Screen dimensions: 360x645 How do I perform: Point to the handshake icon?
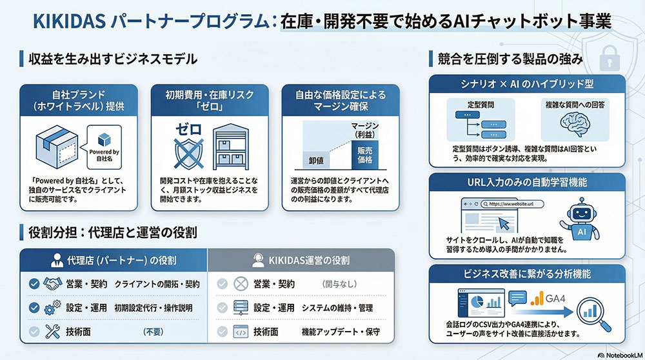click(x=53, y=284)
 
